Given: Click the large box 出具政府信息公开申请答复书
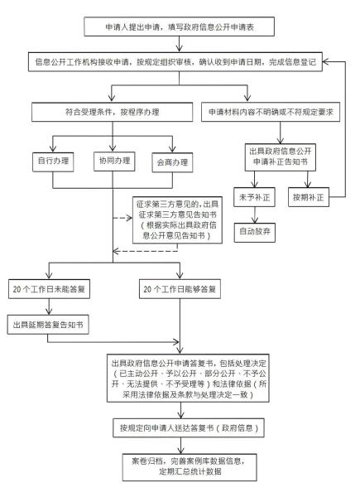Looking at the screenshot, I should coord(181,380).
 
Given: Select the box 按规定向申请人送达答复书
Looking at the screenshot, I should coord(180,429).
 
